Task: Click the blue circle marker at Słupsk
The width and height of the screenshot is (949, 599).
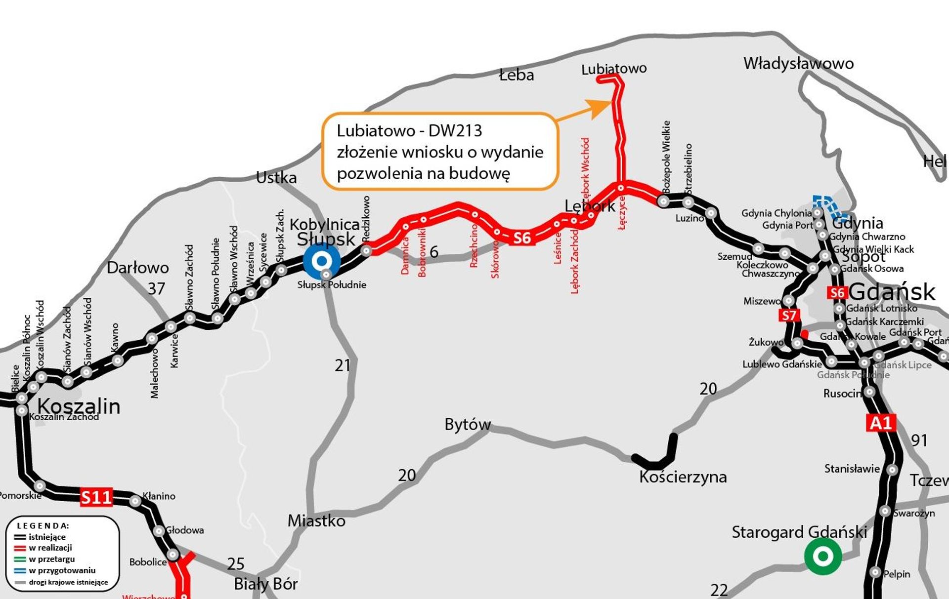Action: point(322,261)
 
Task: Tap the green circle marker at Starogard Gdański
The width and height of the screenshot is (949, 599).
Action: point(823,556)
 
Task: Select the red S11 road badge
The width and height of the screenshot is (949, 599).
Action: point(96,497)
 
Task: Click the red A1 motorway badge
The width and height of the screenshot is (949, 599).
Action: point(881,423)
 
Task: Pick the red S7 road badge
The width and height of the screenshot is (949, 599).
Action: point(789,315)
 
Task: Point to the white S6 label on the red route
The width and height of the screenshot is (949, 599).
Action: point(522,238)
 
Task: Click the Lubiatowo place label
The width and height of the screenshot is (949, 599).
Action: point(614,69)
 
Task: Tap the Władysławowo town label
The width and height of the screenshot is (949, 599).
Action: point(798,63)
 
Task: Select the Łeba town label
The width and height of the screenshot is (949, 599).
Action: point(517,75)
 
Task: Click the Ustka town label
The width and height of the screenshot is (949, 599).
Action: point(276,178)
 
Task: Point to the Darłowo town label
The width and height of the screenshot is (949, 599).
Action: point(138,268)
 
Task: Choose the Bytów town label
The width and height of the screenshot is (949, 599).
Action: point(468,424)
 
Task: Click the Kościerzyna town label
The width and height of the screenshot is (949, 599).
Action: point(683,477)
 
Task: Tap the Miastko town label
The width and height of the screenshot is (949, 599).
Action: point(316,521)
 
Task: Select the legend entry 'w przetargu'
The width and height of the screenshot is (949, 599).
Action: point(52,559)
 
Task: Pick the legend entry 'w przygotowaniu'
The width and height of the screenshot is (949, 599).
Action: point(62,570)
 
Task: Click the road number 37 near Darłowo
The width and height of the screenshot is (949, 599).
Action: point(157,289)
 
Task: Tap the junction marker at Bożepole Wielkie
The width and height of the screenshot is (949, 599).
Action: point(663,201)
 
